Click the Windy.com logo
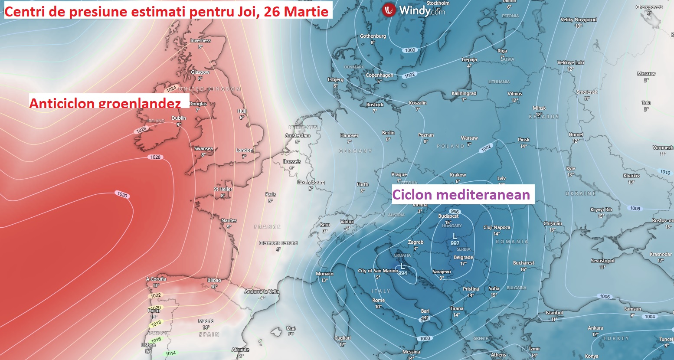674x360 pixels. point(414,10)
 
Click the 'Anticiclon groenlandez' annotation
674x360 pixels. point(105,103)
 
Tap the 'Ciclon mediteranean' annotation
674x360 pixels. point(461,195)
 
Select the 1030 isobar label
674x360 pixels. point(122,195)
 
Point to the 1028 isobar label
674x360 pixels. point(155,157)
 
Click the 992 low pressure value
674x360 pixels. point(455,243)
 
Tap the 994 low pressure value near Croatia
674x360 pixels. point(403,273)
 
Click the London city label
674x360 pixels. point(244,150)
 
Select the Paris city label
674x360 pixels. point(271,194)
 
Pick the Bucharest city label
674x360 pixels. point(523,263)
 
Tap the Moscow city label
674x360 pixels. point(646,74)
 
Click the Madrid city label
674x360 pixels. point(206,321)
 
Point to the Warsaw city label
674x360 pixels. point(469,138)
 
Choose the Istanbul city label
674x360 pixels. point(554,313)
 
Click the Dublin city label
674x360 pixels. point(179,118)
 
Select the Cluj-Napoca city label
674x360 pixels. point(497,227)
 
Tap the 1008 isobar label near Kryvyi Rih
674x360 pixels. point(635,209)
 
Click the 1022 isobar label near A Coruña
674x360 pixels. point(156,295)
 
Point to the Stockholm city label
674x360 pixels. point(438,3)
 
